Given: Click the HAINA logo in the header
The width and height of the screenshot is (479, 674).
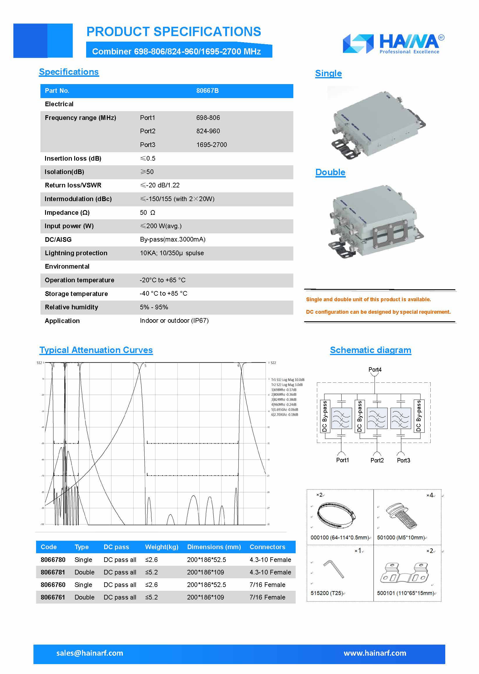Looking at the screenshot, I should point(393,44).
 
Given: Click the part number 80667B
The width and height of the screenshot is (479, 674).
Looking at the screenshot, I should point(207,91).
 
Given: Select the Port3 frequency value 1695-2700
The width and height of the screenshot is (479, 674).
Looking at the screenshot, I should point(212,145).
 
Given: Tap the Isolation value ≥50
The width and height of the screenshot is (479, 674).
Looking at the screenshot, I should point(147,172).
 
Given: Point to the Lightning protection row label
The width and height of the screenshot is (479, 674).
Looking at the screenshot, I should point(76,253).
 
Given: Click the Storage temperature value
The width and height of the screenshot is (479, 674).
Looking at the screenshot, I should point(164,293).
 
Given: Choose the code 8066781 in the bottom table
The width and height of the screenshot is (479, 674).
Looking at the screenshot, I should point(53,572).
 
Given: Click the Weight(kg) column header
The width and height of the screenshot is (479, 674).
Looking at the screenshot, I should point(162,547).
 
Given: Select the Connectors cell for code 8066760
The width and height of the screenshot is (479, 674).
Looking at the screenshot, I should point(267,585).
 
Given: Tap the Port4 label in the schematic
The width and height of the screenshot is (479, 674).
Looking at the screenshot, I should point(375,370).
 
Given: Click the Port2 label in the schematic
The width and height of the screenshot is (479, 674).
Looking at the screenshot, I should point(377,460).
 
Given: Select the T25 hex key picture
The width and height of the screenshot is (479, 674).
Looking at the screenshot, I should point(334,569).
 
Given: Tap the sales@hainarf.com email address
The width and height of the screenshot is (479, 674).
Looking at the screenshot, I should point(90,653).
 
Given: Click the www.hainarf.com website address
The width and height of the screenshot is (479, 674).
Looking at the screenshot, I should point(375,653).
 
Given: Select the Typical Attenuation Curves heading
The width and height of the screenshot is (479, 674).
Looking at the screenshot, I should point(96,350).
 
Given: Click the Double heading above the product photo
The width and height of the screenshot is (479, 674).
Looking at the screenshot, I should point(330,172).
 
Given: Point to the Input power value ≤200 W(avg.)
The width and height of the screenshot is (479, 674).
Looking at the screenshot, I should point(161,226).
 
